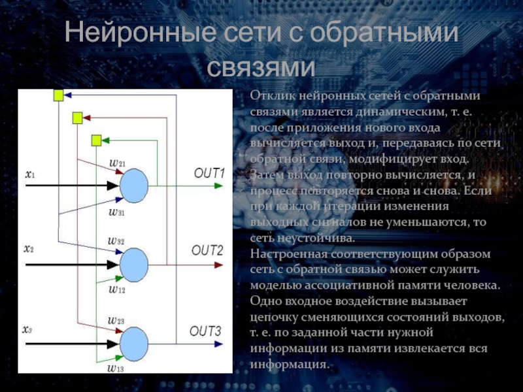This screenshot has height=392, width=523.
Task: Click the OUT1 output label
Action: point(209,174)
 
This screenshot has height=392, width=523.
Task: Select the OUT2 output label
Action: point(207,250)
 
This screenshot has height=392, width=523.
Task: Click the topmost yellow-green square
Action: point(58,96)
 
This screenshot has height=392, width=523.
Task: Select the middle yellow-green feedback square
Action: point(77,118)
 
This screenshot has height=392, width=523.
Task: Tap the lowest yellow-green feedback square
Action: point(97,140)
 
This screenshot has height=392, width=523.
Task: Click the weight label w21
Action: point(118,161)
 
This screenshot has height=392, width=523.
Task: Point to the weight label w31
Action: point(118,212)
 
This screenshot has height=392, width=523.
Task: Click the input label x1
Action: point(30,174)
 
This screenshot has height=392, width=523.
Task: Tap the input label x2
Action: point(29,249)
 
